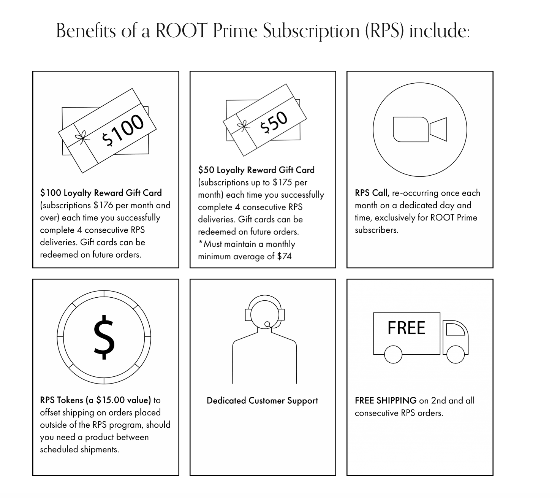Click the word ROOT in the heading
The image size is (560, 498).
pyautogui.click(x=181, y=30)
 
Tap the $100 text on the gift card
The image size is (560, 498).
pyautogui.click(x=123, y=130)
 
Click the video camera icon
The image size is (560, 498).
pyautogui.click(x=419, y=130)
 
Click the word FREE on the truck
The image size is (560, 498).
pyautogui.click(x=406, y=328)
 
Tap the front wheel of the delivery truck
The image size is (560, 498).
pyautogui.click(x=455, y=354)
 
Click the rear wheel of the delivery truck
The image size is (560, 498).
pyautogui.click(x=393, y=354)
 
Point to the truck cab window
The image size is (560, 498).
pyautogui.click(x=455, y=329)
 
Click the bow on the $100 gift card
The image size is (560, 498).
pyautogui.click(x=81, y=138)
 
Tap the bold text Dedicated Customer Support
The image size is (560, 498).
pyautogui.click(x=262, y=401)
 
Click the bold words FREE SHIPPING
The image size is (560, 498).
pyautogui.click(x=386, y=401)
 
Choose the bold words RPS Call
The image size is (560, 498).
pyautogui.click(x=372, y=193)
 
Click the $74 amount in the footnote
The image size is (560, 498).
pyautogui.click(x=284, y=257)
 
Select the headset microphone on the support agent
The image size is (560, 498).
pyautogui.click(x=267, y=324)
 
